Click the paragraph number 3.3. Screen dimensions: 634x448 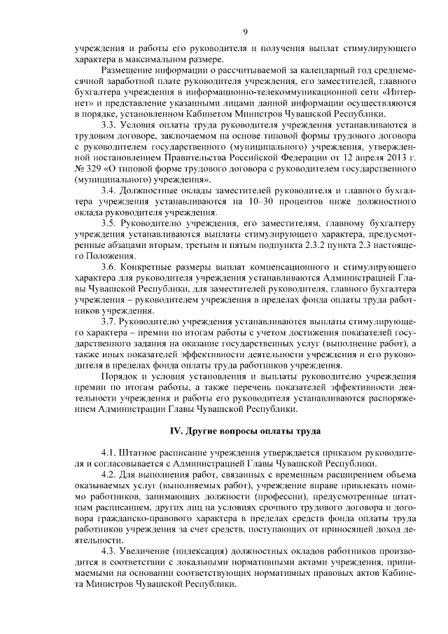click(x=110, y=124)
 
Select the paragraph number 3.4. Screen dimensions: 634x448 click(x=110, y=191)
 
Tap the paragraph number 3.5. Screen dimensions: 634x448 click(x=110, y=223)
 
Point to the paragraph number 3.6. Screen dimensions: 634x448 click(x=110, y=268)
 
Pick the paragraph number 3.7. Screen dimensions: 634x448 click(x=110, y=322)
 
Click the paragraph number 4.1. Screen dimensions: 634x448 click(x=110, y=453)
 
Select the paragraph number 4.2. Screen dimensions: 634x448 click(x=110, y=475)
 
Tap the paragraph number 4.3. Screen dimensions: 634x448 click(x=110, y=551)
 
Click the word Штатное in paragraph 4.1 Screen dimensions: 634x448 click(x=146, y=453)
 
